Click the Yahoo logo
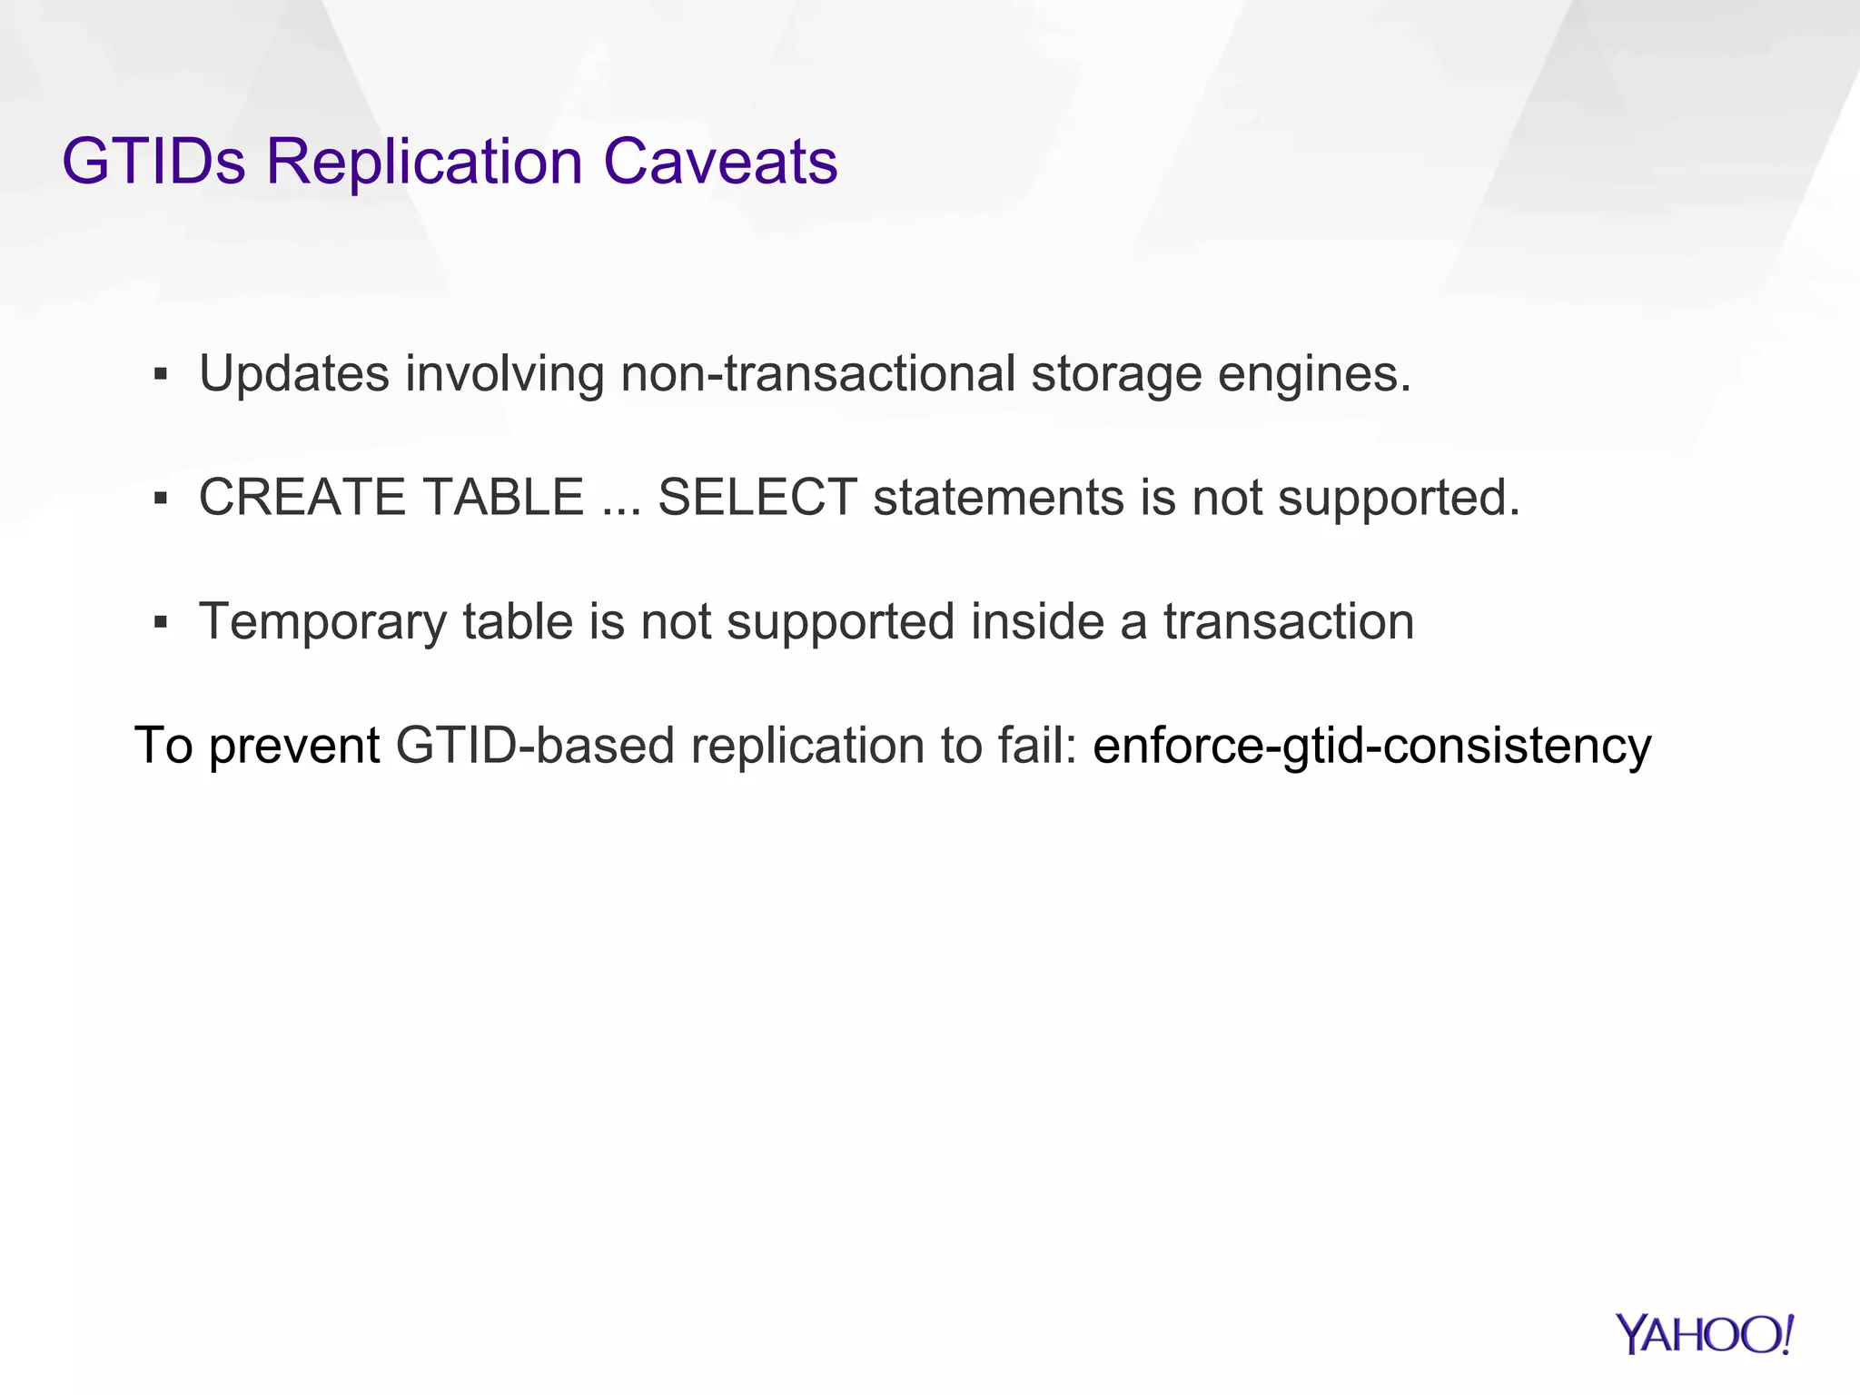coord(1704,1334)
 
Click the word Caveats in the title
coord(720,162)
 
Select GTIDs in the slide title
coord(153,162)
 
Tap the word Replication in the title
coord(424,162)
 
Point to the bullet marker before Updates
coord(161,374)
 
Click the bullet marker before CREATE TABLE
coord(161,498)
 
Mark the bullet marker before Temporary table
coord(161,622)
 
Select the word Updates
coord(294,374)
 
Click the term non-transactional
coord(817,374)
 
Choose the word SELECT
coord(757,498)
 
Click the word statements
coord(999,498)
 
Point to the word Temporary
coord(322,624)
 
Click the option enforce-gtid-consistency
coord(1371,747)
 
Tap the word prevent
coord(294,747)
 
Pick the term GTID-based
coord(536,747)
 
